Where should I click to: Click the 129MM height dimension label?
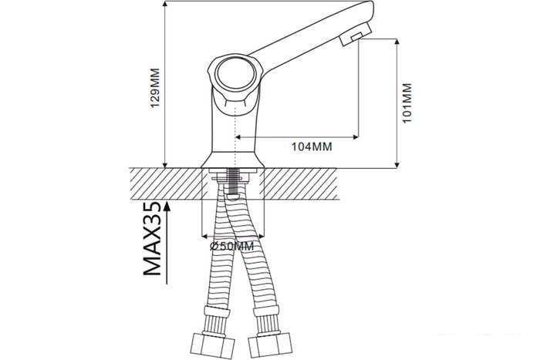[x=155, y=88]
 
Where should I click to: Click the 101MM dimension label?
[x=407, y=103]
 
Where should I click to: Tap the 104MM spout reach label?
[x=312, y=146]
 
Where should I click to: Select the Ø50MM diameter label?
[x=231, y=246]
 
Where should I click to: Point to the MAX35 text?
[x=152, y=238]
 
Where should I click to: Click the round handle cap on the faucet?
[x=235, y=73]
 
